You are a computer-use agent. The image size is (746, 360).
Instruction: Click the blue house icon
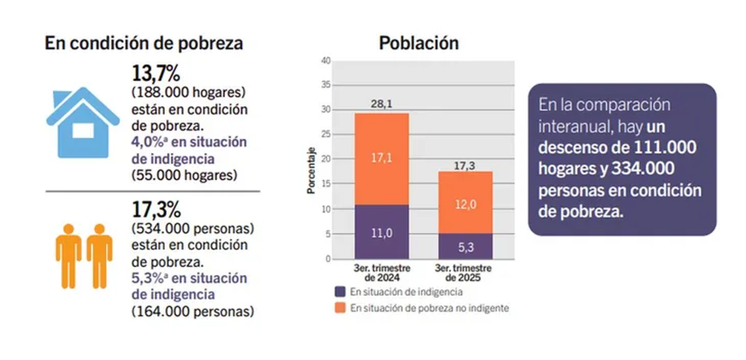pos(82,124)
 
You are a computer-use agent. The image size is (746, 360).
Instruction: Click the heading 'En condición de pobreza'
pos(144,44)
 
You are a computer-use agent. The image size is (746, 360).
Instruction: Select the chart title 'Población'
pos(419,43)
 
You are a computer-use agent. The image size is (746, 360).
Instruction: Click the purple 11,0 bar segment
pos(382,232)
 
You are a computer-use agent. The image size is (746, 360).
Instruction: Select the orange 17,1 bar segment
pos(382,159)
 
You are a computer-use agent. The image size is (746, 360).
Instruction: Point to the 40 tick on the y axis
pos(326,61)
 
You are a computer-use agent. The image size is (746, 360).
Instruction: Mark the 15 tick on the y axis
pos(326,185)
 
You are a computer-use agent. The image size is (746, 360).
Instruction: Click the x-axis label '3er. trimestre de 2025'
pos(464,273)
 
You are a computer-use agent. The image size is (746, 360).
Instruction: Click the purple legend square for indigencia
pos(340,292)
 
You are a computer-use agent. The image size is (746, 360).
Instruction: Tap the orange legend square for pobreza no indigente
pos(340,308)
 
